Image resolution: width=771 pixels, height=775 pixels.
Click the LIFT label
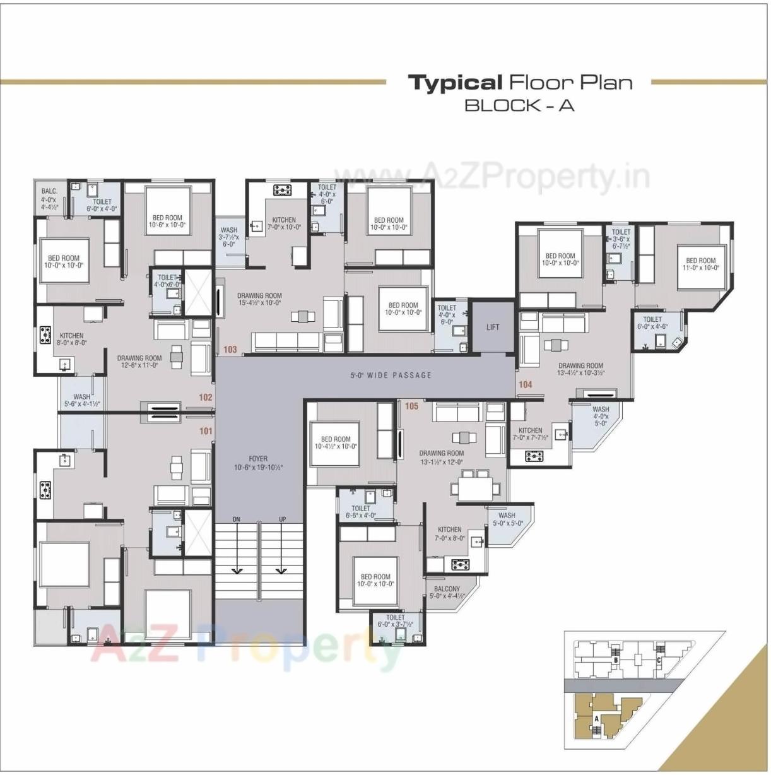(x=493, y=327)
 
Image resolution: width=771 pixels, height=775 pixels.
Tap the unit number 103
(x=230, y=350)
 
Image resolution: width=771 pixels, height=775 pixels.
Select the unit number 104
(x=525, y=384)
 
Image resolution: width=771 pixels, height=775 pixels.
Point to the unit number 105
(x=411, y=406)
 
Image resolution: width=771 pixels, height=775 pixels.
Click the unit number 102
(x=206, y=398)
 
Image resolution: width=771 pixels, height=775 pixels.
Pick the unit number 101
(x=206, y=431)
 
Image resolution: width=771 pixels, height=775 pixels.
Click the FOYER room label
(x=258, y=463)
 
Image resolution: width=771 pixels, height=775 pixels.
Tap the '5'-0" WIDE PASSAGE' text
(x=391, y=375)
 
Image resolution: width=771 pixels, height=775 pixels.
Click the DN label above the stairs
(x=236, y=519)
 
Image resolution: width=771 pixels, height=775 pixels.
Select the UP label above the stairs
(x=282, y=519)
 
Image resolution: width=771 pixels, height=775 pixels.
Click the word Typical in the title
(x=454, y=83)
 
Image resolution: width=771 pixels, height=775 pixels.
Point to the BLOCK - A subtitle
(x=519, y=105)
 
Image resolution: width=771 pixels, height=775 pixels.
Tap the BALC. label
(x=49, y=191)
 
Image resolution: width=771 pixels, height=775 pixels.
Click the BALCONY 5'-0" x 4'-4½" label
(x=447, y=592)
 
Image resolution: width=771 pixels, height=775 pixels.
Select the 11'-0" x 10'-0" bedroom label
(x=701, y=264)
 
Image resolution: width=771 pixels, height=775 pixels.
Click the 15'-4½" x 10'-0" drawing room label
(x=259, y=299)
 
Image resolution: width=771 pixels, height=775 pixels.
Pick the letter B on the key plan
(x=615, y=660)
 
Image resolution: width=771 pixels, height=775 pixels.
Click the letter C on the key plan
(x=658, y=661)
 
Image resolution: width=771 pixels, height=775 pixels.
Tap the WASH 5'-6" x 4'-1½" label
(x=81, y=401)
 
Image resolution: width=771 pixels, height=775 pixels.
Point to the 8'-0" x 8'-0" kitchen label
(x=71, y=340)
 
